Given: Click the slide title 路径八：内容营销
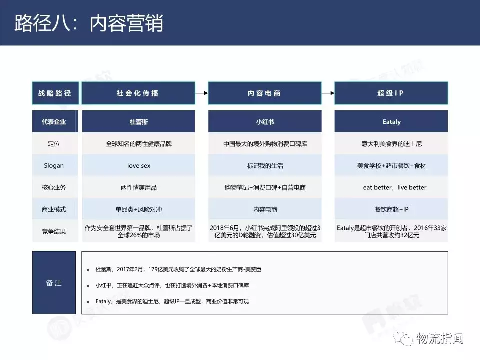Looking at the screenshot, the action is pos(89,23).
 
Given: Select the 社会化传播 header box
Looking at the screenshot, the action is pos(138,93).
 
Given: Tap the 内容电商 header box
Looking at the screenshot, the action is pos(265,93).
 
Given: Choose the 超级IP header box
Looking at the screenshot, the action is pos(391,93).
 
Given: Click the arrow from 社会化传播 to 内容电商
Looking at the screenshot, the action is pos(201,93).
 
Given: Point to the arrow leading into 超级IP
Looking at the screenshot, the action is pos(328,93).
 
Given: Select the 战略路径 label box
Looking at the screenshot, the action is pos(55,93).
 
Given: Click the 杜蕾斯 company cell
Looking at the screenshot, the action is pos(138,121).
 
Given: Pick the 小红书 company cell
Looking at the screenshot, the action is pos(265,121).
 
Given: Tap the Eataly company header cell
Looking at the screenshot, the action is pos(391,121).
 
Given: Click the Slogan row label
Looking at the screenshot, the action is pos(54,165).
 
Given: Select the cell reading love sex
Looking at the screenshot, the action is pos(138,165).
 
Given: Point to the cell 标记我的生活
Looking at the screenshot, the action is pos(265,165).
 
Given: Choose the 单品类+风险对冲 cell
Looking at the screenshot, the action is pos(138,209).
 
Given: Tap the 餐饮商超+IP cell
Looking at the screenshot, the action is pos(391,209).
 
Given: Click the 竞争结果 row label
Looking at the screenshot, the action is pos(54,231).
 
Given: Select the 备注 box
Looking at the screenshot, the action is pos(54,283).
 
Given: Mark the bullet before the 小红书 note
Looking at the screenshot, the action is pos(88,286).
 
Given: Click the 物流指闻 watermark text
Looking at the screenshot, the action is pos(440,338).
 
